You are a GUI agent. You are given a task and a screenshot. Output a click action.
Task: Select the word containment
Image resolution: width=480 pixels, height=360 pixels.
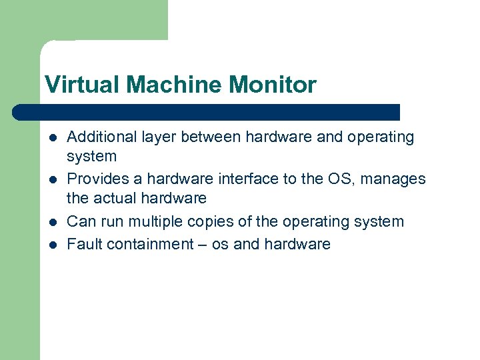coord(151,244)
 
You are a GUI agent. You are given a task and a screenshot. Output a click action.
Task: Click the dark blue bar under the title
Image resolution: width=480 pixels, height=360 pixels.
coord(207,112)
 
